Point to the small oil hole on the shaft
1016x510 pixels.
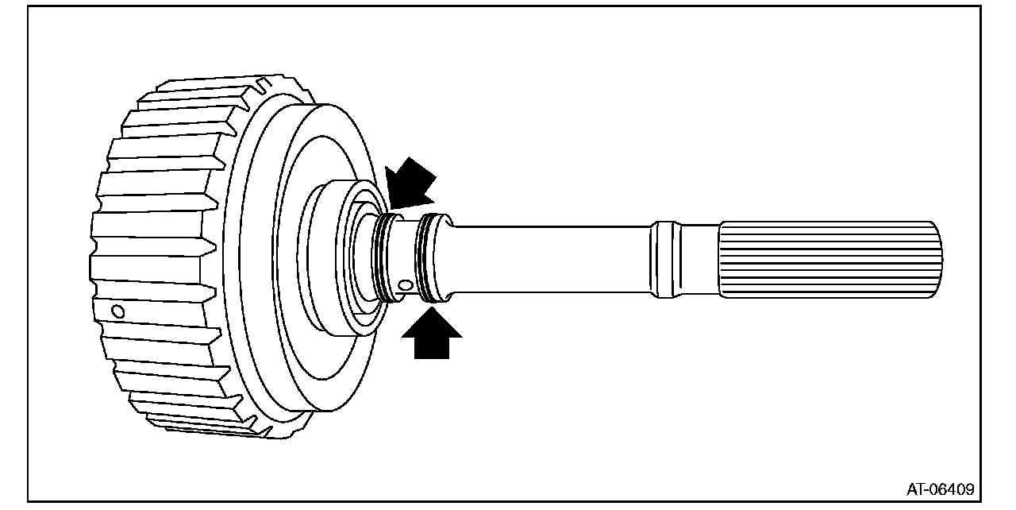pos(406,284)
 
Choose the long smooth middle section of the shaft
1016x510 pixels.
pos(548,258)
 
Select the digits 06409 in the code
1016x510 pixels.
pos(951,488)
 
